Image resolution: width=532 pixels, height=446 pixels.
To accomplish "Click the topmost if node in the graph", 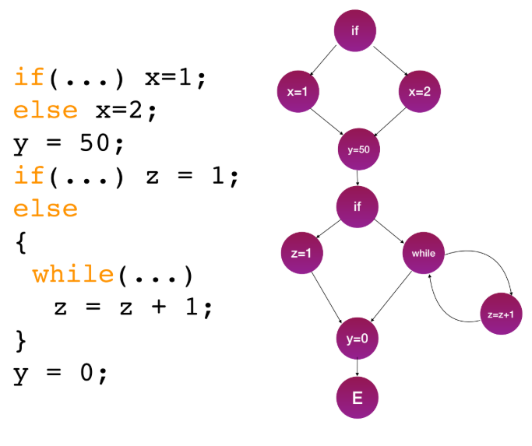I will coord(356,31).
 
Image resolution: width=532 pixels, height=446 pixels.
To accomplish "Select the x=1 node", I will coord(298,92).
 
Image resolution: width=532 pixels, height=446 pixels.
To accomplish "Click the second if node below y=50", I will coord(358,206).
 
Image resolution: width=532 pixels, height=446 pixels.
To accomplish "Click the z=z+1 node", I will coord(501,314).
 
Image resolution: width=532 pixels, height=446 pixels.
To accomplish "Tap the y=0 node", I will coord(358,337).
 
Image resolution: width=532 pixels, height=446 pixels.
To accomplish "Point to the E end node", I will coord(358,399).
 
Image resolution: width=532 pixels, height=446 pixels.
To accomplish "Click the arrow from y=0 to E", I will coord(358,368).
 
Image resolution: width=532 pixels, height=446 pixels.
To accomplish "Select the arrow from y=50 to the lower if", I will coord(358,178).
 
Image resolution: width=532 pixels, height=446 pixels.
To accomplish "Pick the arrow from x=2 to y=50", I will coord(391,120).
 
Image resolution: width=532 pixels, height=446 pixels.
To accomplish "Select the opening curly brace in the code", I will coord(21,242).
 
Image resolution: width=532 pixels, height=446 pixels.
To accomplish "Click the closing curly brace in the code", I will coord(21,340).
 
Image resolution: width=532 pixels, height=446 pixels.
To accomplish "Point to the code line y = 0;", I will coord(59,373).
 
